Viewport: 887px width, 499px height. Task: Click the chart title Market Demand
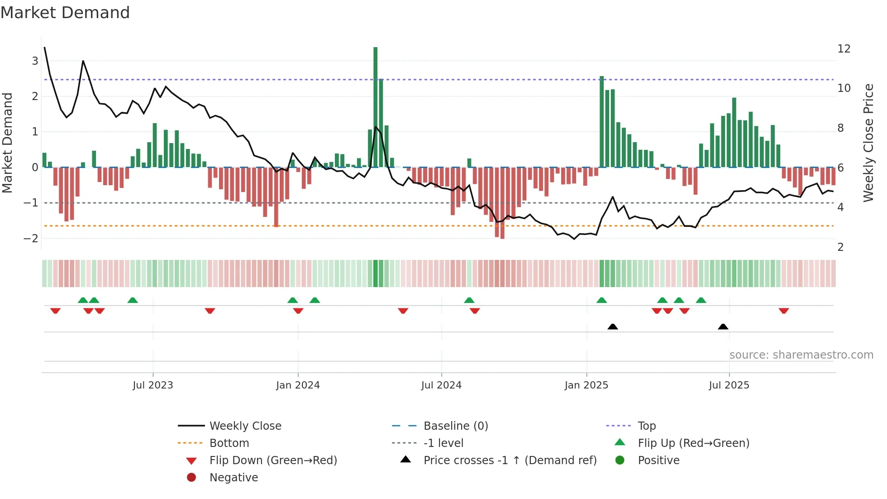click(x=65, y=13)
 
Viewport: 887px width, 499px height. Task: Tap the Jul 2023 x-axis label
click(x=153, y=385)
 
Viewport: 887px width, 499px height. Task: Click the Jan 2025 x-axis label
click(x=587, y=385)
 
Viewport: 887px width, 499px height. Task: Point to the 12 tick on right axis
click(x=844, y=49)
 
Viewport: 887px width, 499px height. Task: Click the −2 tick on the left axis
click(x=31, y=239)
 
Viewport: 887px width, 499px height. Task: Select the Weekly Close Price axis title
click(x=868, y=143)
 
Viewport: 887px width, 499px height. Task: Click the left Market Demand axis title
click(x=8, y=143)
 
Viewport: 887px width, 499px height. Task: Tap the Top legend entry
click(x=646, y=426)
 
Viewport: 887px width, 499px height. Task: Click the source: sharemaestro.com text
click(x=801, y=355)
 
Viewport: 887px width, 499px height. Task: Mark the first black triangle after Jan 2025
click(x=612, y=326)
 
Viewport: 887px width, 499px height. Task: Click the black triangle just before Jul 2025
click(x=723, y=326)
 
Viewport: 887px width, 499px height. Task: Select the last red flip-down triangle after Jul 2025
click(x=784, y=311)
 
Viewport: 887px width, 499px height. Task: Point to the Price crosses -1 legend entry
click(x=510, y=461)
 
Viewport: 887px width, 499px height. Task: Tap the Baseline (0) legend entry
click(x=455, y=426)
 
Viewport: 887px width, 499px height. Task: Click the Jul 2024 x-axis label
click(x=441, y=385)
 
